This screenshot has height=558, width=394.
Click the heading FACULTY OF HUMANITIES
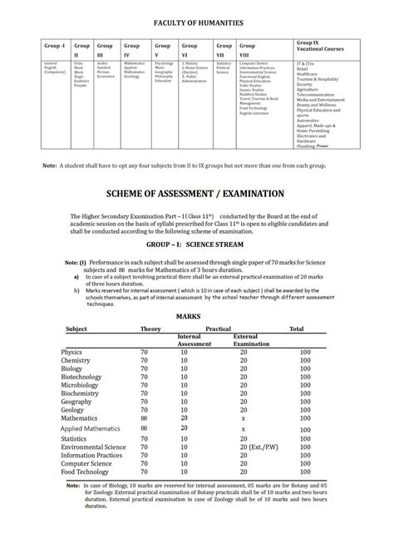coord(197,24)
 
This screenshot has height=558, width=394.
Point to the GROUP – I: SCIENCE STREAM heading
coord(197,247)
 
